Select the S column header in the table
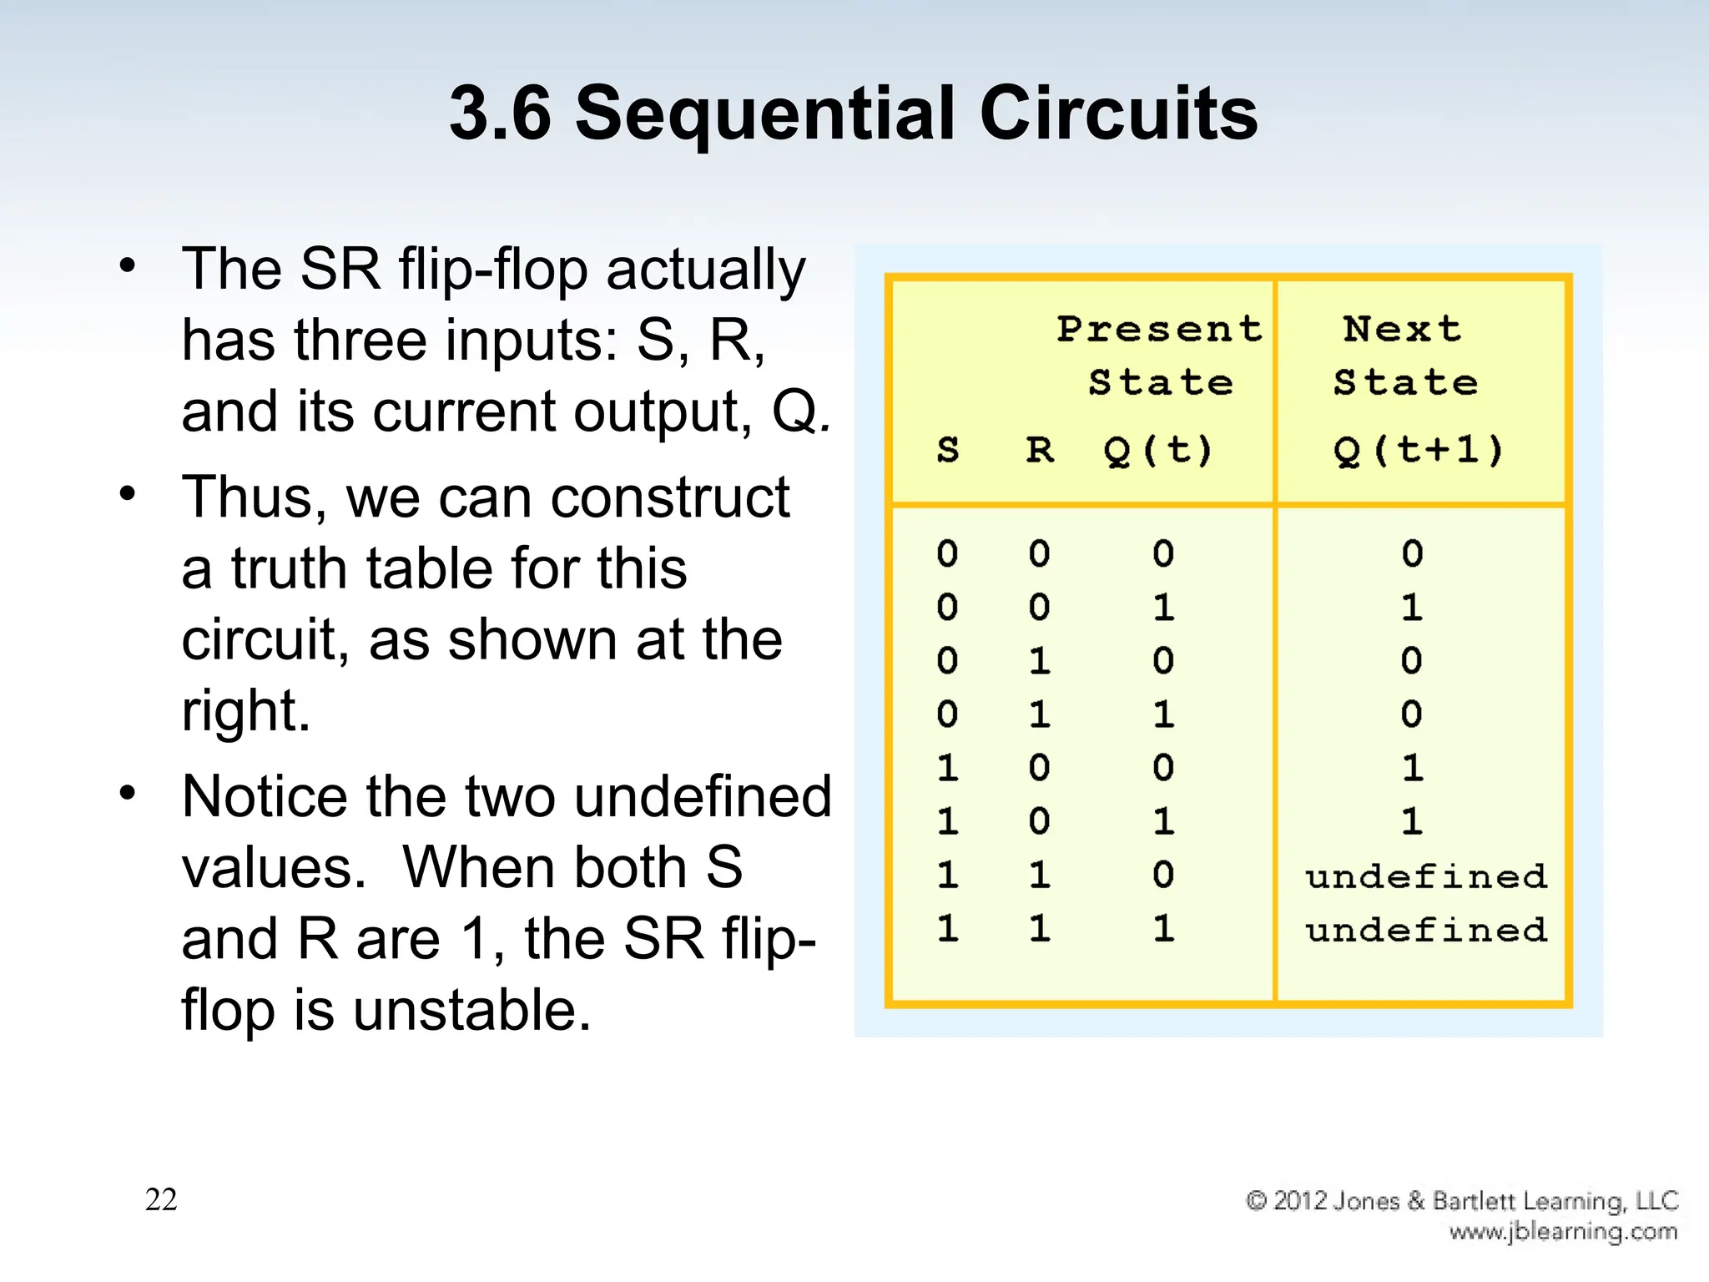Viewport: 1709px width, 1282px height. click(948, 450)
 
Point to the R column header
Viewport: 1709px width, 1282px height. click(1040, 450)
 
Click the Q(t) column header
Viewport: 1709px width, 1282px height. click(1157, 451)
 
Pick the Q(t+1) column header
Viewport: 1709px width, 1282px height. click(1419, 451)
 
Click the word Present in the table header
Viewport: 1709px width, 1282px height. click(1160, 329)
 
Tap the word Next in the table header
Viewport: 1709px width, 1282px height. click(1403, 329)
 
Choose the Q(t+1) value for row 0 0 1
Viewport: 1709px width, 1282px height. click(1412, 607)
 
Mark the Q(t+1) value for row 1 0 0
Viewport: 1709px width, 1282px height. click(1412, 768)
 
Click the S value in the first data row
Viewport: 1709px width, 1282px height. click(947, 553)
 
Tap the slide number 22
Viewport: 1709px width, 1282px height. click(161, 1199)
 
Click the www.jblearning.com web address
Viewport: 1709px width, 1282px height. click(1563, 1232)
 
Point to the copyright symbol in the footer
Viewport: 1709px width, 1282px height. click(1257, 1200)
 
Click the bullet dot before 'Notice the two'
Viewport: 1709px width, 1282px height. click(127, 792)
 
